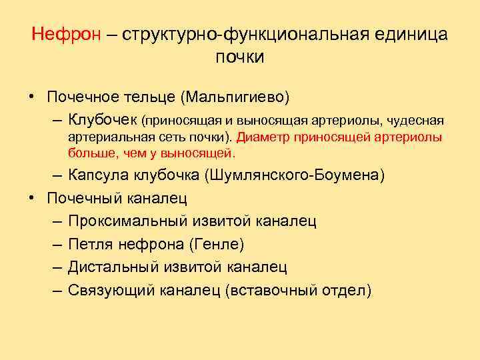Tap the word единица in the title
pos(409,34)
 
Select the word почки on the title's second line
pos(240,57)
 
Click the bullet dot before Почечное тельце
pos(31,97)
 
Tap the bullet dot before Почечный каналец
pos(31,199)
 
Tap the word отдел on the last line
pos(348,290)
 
